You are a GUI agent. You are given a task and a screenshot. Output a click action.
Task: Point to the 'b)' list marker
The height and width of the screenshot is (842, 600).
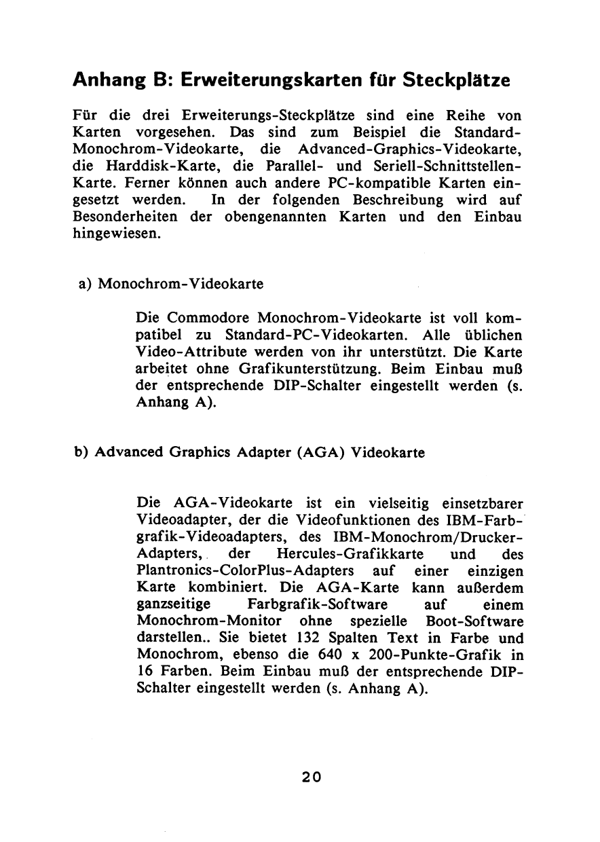tap(83, 453)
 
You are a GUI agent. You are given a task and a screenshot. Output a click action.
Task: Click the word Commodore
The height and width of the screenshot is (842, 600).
tap(208, 318)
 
